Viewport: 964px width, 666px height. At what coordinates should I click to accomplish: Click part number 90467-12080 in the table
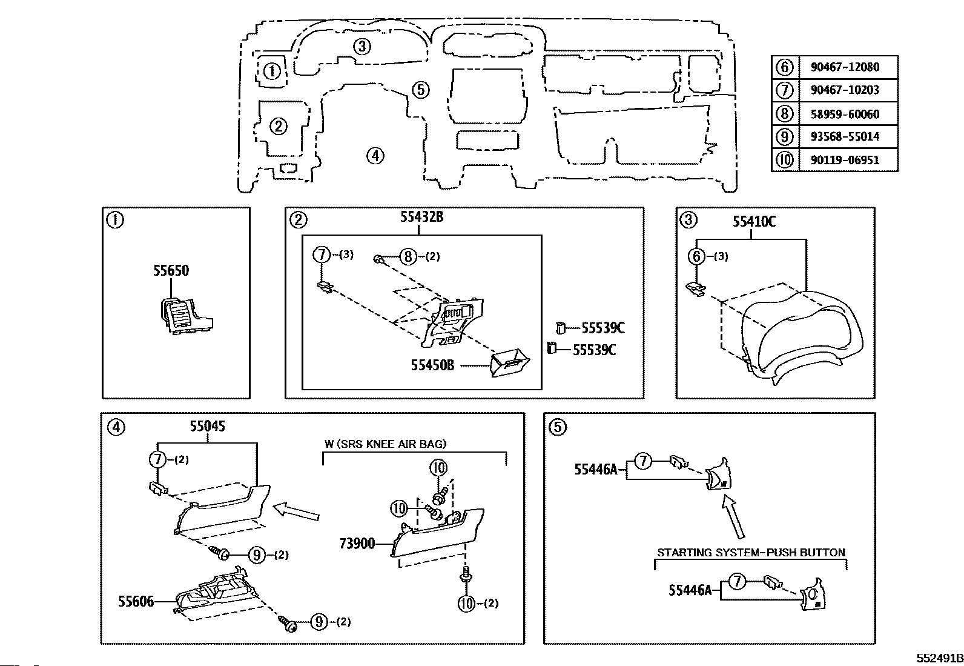coord(845,67)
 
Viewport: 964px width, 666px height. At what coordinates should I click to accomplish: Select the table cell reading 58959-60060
coord(845,114)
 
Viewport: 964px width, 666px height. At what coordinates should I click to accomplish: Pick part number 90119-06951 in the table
coord(845,160)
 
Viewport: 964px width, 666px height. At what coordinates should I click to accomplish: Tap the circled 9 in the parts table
coord(785,136)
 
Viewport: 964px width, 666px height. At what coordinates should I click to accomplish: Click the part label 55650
coord(171,270)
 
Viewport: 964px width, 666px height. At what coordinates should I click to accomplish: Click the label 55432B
coord(421,217)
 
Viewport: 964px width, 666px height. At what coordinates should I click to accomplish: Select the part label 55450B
coord(432,365)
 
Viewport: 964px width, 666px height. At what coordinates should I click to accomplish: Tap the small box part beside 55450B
coord(510,362)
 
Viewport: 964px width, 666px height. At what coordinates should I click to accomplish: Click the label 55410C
coord(754,222)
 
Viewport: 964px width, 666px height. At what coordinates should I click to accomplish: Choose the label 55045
coord(208,426)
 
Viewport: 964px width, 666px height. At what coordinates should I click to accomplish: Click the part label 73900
coord(357,544)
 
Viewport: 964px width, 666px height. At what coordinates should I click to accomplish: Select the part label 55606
coord(136,601)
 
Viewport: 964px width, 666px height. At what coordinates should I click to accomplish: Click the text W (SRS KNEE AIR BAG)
coord(385,444)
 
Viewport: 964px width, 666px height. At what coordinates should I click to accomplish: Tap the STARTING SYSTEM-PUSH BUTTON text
coord(751,552)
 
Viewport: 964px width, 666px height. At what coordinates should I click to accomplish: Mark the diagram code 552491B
coord(939,658)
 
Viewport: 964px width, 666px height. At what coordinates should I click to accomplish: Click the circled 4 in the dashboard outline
coord(375,156)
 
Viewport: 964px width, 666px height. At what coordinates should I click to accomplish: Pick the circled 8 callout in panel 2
coord(408,257)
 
